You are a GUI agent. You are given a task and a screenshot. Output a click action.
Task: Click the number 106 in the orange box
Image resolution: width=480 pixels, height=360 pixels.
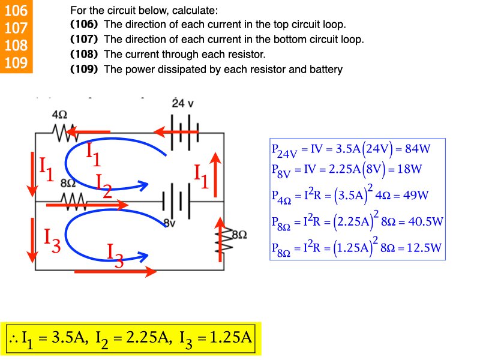[x=16, y=10]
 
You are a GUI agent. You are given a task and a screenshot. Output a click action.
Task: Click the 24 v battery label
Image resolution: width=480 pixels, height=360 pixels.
[x=182, y=103]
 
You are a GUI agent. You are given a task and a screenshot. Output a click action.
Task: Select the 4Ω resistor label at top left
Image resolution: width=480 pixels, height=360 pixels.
[x=59, y=114]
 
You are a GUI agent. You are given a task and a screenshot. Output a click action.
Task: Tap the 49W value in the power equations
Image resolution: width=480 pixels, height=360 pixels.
[x=413, y=196]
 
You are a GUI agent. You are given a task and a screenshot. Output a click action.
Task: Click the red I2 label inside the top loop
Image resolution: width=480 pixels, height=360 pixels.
[x=103, y=185]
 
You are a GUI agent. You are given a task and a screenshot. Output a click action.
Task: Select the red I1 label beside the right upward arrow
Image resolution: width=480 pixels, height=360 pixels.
[x=201, y=175]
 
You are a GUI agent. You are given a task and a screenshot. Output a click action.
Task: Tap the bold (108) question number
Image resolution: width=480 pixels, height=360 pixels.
[x=84, y=55]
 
